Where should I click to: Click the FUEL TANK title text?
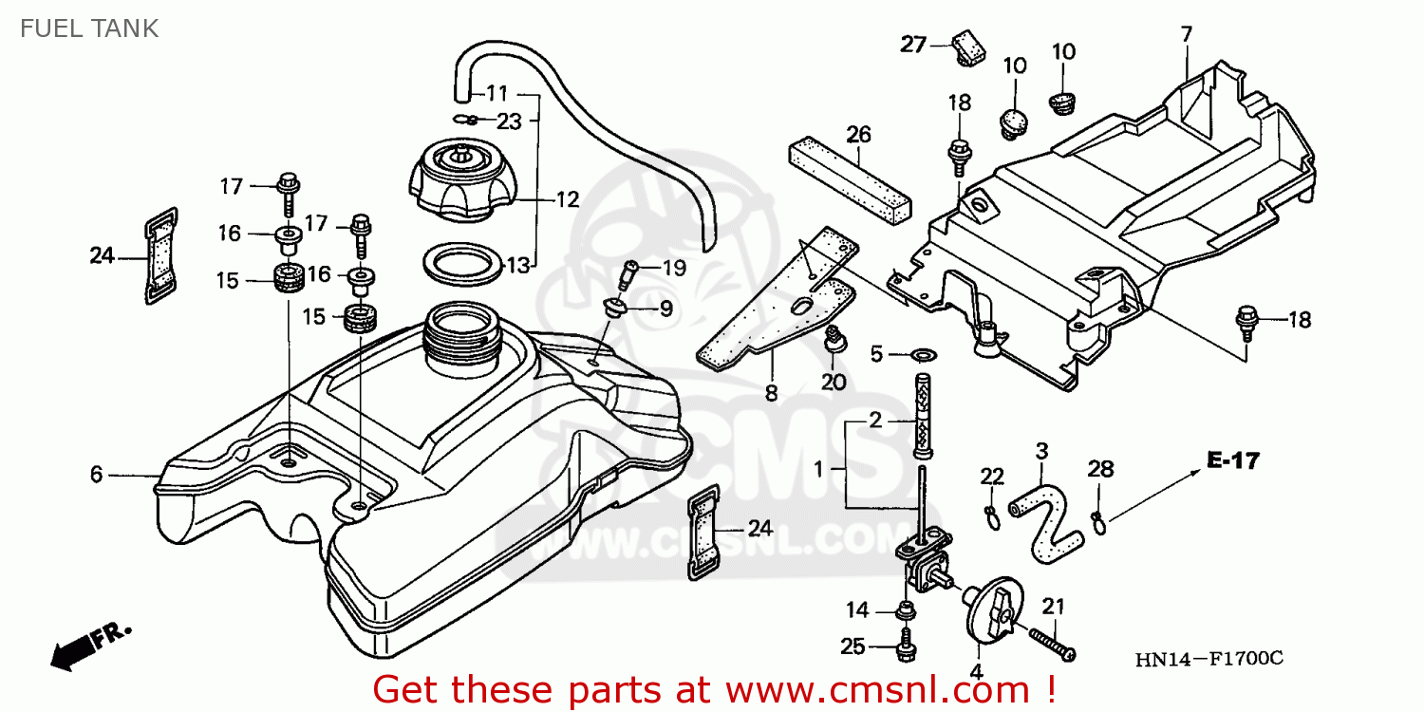click(89, 28)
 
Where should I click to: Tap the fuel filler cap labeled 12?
click(460, 180)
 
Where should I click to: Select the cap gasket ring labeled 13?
click(463, 263)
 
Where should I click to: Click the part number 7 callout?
click(1187, 33)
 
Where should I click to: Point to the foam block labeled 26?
click(850, 180)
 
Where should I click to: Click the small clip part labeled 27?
click(968, 47)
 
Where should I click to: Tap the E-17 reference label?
click(1232, 460)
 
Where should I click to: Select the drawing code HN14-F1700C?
click(1209, 659)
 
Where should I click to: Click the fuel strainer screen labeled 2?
click(923, 416)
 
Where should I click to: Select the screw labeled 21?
click(1052, 645)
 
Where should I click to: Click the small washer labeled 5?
click(924, 353)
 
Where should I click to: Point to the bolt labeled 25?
click(906, 646)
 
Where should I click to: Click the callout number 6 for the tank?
click(96, 475)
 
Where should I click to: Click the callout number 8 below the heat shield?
click(771, 394)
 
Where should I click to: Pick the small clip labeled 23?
click(465, 119)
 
